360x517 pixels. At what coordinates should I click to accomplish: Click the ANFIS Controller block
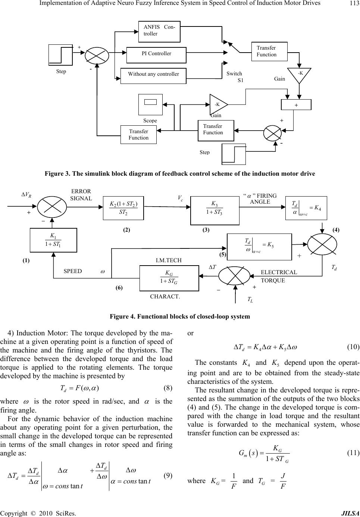tap(159, 31)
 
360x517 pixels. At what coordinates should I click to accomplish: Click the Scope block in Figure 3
tap(150, 104)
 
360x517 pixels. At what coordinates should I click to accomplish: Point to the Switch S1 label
tap(235, 77)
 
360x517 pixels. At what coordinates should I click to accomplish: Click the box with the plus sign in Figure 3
tap(296, 105)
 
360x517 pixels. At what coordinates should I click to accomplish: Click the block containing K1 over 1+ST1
tap(53, 240)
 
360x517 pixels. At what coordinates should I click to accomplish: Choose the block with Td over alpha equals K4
tap(306, 208)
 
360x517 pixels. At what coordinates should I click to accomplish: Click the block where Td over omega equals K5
tap(259, 247)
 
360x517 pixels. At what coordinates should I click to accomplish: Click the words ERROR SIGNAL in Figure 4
tap(81, 195)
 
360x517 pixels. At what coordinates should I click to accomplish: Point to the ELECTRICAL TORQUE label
tap(279, 276)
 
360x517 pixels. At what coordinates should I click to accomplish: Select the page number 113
tap(352, 4)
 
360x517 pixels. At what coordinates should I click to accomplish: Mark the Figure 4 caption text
tap(180, 316)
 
